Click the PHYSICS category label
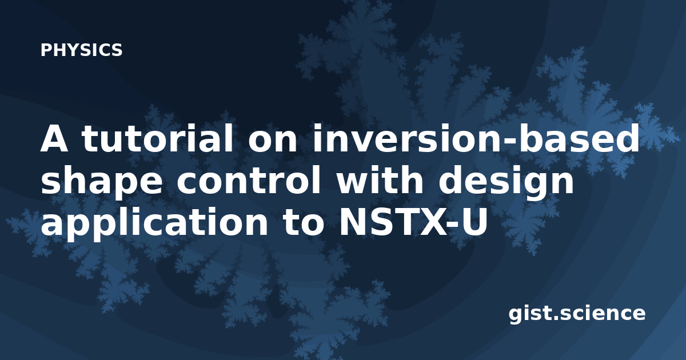81,50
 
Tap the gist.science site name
577,314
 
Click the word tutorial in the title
157,138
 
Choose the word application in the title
154,224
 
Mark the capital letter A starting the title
54,138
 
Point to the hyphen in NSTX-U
453,225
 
